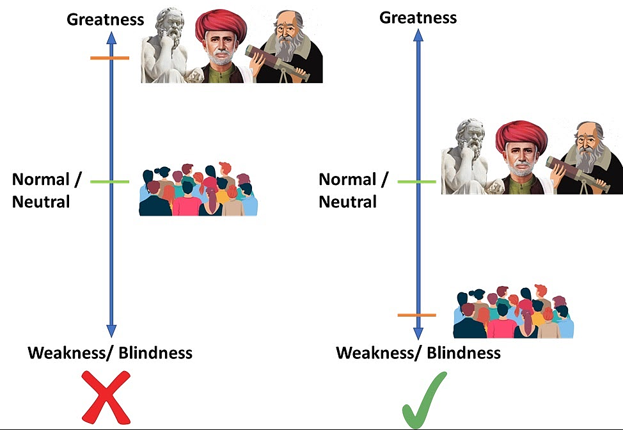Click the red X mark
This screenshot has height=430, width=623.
[106, 397]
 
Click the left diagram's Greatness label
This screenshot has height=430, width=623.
[106, 19]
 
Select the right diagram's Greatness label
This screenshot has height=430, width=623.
[418, 18]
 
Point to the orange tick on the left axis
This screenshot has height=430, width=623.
[109, 58]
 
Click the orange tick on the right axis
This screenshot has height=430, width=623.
[417, 315]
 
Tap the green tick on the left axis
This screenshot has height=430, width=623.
[109, 182]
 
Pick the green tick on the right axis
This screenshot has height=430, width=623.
[417, 182]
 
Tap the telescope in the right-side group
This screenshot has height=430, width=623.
[578, 174]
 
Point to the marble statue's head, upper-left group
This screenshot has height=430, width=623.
[170, 26]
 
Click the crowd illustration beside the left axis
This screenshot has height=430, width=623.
[198, 189]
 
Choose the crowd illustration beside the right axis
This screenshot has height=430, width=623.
[514, 312]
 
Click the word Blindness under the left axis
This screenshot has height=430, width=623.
[156, 353]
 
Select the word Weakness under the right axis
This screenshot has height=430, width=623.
[375, 353]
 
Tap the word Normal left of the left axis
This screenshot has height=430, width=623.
[41, 179]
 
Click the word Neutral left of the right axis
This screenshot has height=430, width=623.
[348, 202]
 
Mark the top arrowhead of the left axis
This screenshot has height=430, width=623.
[112, 38]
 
